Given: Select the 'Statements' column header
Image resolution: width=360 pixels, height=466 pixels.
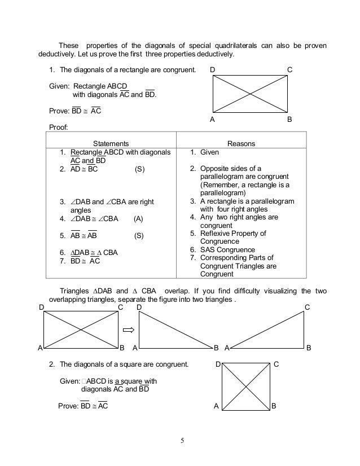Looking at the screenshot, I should (111, 144).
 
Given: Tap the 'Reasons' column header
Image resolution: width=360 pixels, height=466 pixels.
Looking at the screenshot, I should (241, 144).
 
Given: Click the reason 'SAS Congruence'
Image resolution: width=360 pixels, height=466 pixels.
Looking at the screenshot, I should (227, 249).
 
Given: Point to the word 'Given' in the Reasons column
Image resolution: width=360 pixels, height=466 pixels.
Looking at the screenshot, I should (210, 152).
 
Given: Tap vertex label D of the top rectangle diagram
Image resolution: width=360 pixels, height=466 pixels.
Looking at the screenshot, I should (212, 69).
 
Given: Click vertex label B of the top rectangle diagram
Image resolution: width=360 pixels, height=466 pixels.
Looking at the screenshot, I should (289, 120).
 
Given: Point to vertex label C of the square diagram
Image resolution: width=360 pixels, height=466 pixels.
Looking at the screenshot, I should (276, 365).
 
